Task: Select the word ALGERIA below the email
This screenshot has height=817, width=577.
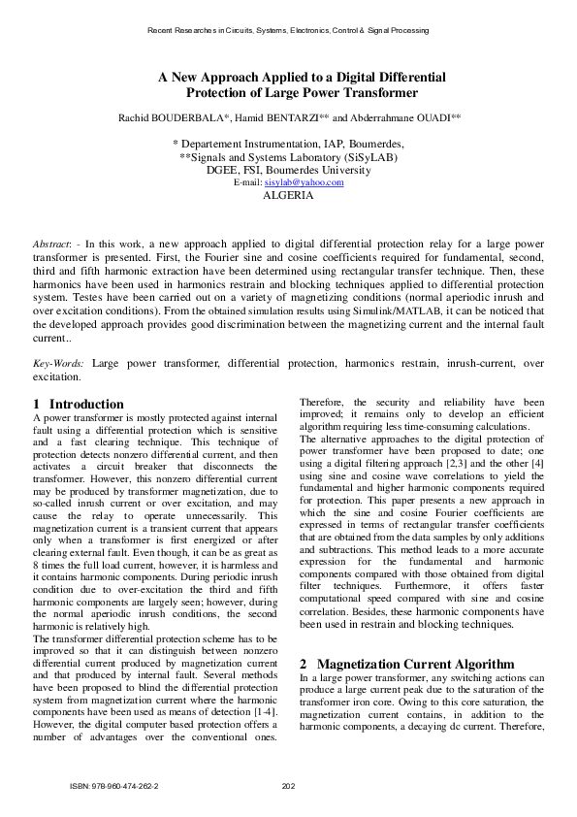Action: (288, 195)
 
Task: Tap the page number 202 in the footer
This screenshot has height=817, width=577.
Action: (288, 785)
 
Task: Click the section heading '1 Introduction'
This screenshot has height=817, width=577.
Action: (79, 404)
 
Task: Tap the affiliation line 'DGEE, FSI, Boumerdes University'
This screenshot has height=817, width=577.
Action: (288, 169)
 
